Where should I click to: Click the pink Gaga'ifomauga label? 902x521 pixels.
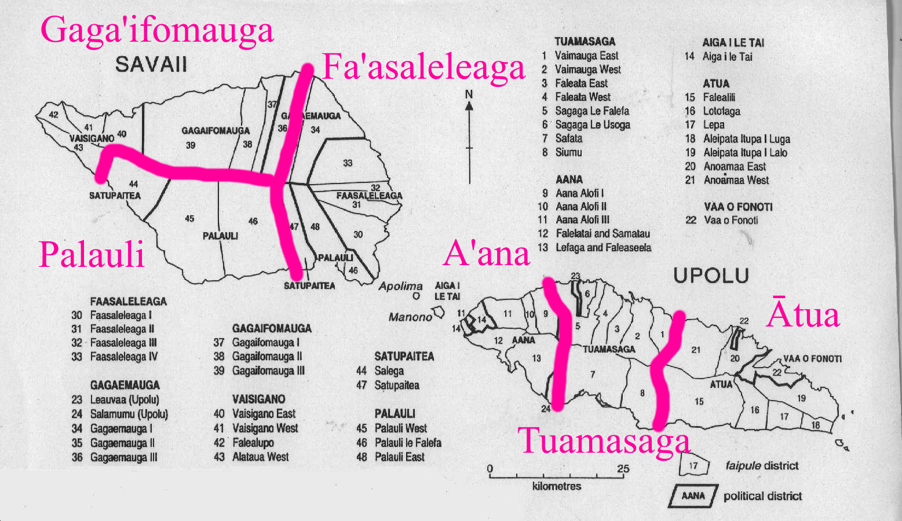coord(156,30)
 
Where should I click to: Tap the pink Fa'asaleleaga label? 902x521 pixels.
coord(423,67)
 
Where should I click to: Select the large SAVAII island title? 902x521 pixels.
coord(151,64)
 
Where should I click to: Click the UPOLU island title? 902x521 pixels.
coord(711,276)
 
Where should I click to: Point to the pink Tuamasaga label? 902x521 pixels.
coord(604,441)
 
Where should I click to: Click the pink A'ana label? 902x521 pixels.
coord(486,254)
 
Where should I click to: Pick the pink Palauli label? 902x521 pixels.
coord(92,255)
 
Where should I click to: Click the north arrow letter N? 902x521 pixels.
coord(469,94)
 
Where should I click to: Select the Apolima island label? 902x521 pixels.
coord(400,286)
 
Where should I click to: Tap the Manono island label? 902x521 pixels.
coord(410,317)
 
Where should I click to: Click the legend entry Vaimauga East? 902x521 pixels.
coord(586,56)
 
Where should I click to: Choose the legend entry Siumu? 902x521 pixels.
coord(568,152)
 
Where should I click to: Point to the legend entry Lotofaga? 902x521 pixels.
coord(721,111)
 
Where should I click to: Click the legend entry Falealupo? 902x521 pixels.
coord(253,443)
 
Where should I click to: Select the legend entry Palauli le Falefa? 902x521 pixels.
coord(407,443)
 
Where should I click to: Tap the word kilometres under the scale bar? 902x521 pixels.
coord(556,486)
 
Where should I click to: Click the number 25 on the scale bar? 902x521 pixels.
coord(623,469)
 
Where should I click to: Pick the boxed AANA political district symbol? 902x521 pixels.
coord(693,496)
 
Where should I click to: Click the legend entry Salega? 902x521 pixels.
coord(389,371)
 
